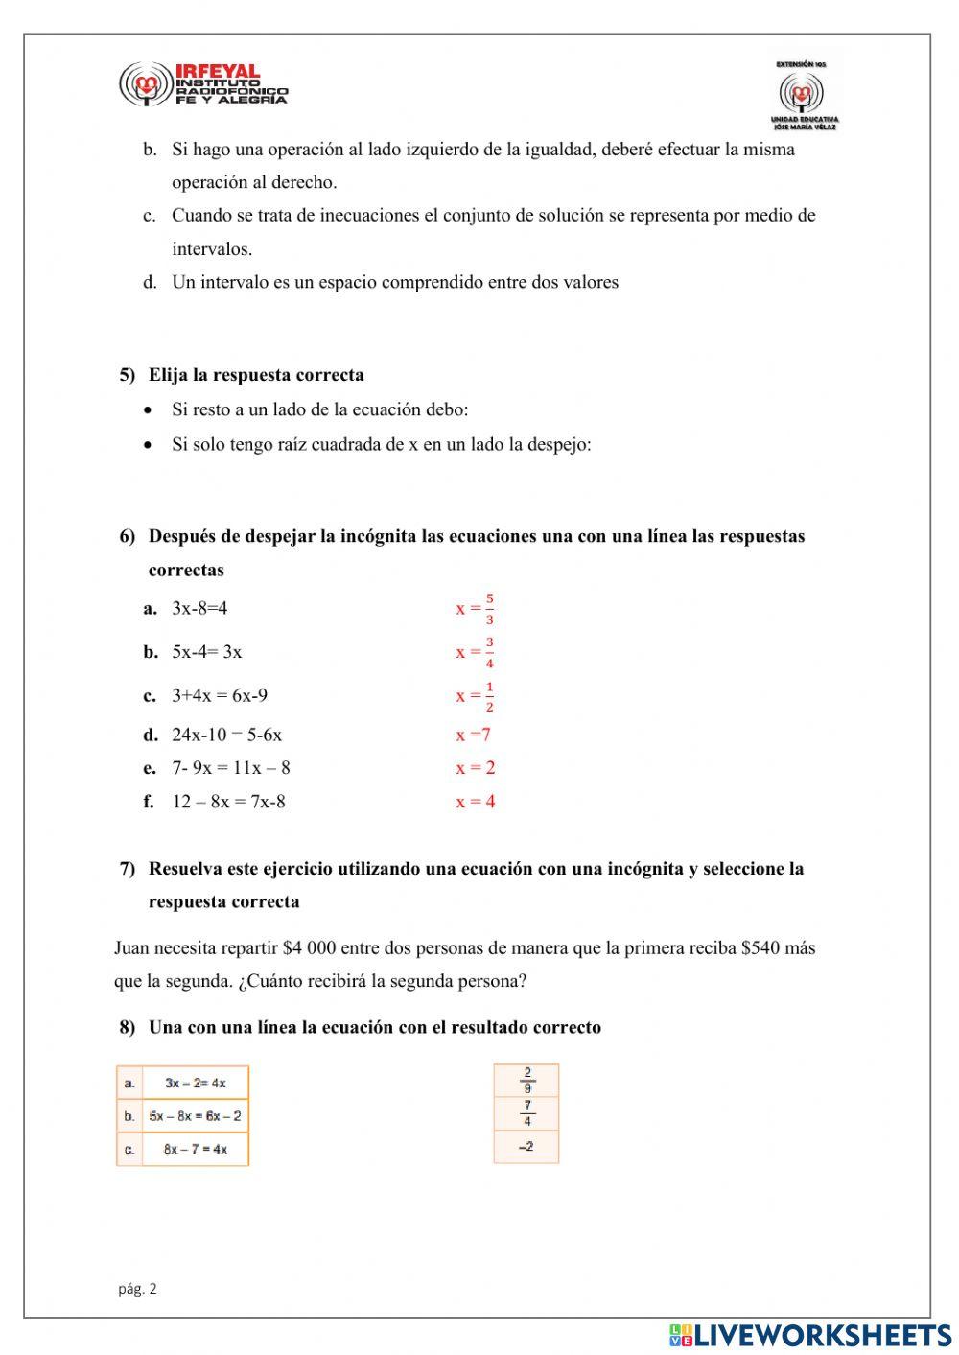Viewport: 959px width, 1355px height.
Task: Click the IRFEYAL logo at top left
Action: click(202, 84)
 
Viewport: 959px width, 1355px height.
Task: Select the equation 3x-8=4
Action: click(199, 608)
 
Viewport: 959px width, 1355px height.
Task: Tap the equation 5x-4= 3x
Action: click(206, 652)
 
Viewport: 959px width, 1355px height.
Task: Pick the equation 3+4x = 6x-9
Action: click(220, 696)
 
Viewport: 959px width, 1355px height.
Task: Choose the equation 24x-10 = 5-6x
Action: click(226, 736)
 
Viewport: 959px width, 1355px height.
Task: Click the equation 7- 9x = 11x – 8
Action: click(231, 768)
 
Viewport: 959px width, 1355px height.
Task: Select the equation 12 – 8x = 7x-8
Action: click(228, 802)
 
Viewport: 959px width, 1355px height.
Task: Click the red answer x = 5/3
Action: click(476, 608)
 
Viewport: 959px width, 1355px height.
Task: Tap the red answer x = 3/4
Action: click(476, 652)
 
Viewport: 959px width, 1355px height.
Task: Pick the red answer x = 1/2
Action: click(476, 696)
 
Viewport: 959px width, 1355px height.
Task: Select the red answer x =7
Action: click(474, 736)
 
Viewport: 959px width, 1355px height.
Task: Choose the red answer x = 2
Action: click(476, 768)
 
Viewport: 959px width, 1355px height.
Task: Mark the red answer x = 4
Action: click(476, 802)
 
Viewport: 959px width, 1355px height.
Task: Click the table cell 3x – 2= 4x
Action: click(195, 1083)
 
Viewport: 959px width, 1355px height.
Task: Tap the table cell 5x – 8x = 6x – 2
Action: click(195, 1116)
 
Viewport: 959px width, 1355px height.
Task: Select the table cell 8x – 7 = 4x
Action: click(195, 1149)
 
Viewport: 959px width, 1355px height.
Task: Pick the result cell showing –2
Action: click(526, 1147)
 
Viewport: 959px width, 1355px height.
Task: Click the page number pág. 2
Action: click(137, 1289)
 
